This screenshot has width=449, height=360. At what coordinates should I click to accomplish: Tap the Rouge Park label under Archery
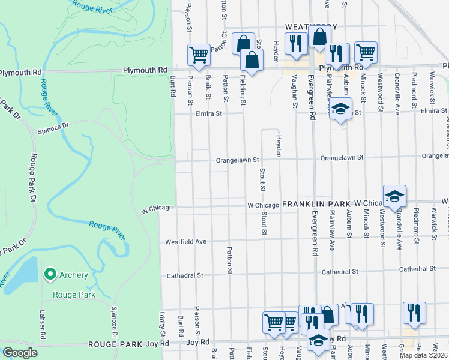pos(74,295)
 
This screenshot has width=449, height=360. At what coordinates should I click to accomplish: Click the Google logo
pos(19,352)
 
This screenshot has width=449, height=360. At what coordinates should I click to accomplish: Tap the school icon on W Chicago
pos(394,197)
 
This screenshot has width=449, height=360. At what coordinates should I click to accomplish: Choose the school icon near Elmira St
pos(340,110)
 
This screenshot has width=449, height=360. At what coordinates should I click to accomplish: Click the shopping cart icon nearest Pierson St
pos(199,55)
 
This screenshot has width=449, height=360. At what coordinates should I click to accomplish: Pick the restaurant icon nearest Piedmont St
pos(414,312)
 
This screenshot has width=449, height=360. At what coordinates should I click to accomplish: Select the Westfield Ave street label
pos(186,241)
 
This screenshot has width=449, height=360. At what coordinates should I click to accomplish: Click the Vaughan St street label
pos(295,91)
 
